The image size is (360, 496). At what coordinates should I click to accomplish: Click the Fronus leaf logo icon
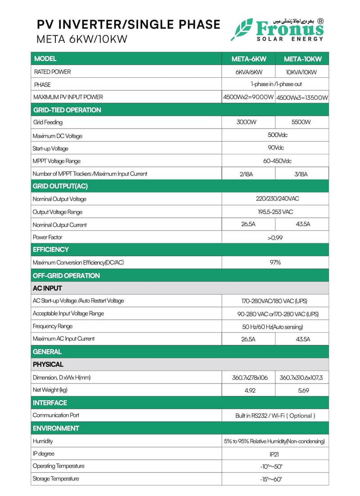click(x=242, y=30)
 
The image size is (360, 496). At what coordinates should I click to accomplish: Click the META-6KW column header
click(x=249, y=59)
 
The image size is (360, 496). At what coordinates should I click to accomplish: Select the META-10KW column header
click(x=302, y=59)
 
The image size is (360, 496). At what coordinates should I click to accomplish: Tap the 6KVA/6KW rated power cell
click(x=249, y=72)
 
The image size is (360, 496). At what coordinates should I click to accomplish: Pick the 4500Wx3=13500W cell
click(x=302, y=97)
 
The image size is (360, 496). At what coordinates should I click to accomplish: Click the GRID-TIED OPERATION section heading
click(x=67, y=110)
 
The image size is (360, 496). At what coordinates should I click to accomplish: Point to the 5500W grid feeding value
click(x=302, y=122)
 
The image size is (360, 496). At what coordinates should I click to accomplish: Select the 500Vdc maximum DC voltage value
click(x=275, y=135)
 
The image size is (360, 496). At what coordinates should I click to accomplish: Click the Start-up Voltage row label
click(x=50, y=148)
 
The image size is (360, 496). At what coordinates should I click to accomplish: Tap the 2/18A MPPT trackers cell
click(x=249, y=174)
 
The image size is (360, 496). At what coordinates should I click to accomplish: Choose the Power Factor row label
click(x=47, y=237)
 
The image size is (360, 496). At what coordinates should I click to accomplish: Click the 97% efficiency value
click(x=275, y=262)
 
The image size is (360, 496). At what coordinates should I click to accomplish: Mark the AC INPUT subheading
click(x=47, y=288)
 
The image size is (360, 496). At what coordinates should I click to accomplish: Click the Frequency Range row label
click(x=53, y=326)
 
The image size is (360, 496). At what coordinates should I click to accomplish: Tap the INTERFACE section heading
click(x=50, y=402)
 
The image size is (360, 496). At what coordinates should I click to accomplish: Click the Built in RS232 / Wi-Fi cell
click(x=275, y=416)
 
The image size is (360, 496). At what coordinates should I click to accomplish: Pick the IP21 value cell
click(x=275, y=454)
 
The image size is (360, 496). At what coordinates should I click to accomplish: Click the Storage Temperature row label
click(x=56, y=478)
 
